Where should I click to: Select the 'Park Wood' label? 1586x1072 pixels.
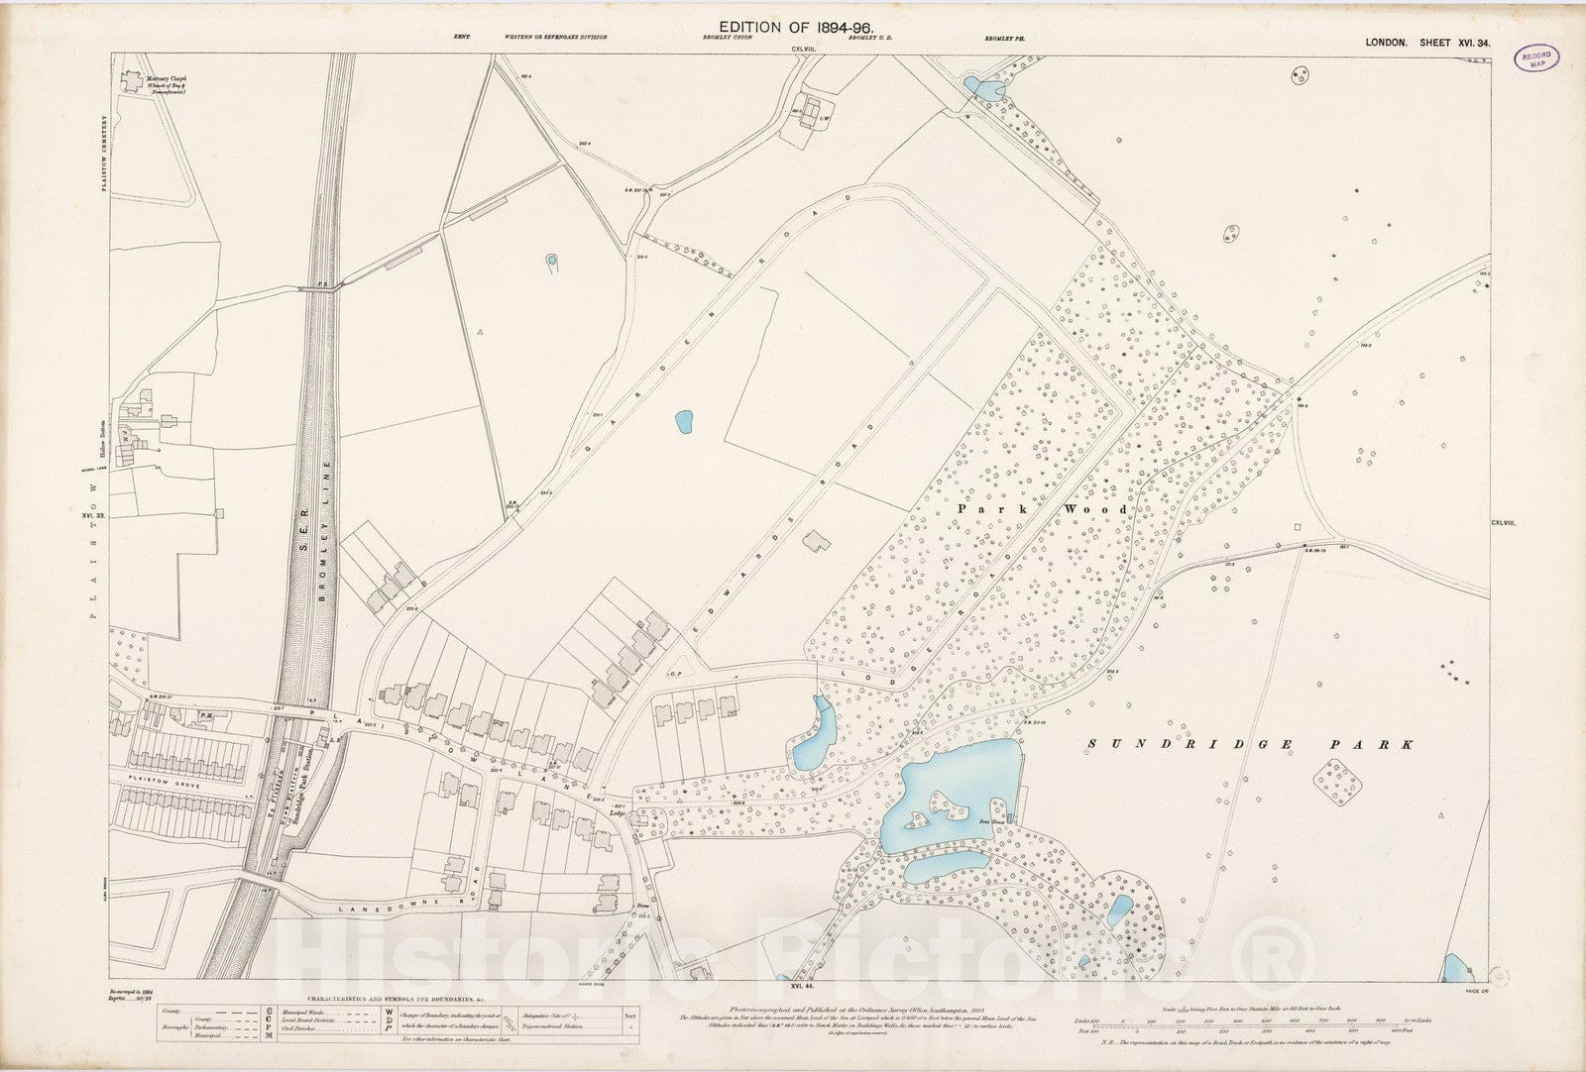coord(1042,509)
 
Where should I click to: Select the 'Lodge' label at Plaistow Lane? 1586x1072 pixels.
coord(620,809)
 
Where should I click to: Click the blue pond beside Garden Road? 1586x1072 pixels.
coord(683,422)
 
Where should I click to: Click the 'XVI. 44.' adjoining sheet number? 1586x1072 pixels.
coord(802,988)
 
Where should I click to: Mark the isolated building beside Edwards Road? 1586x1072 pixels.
coord(819,540)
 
